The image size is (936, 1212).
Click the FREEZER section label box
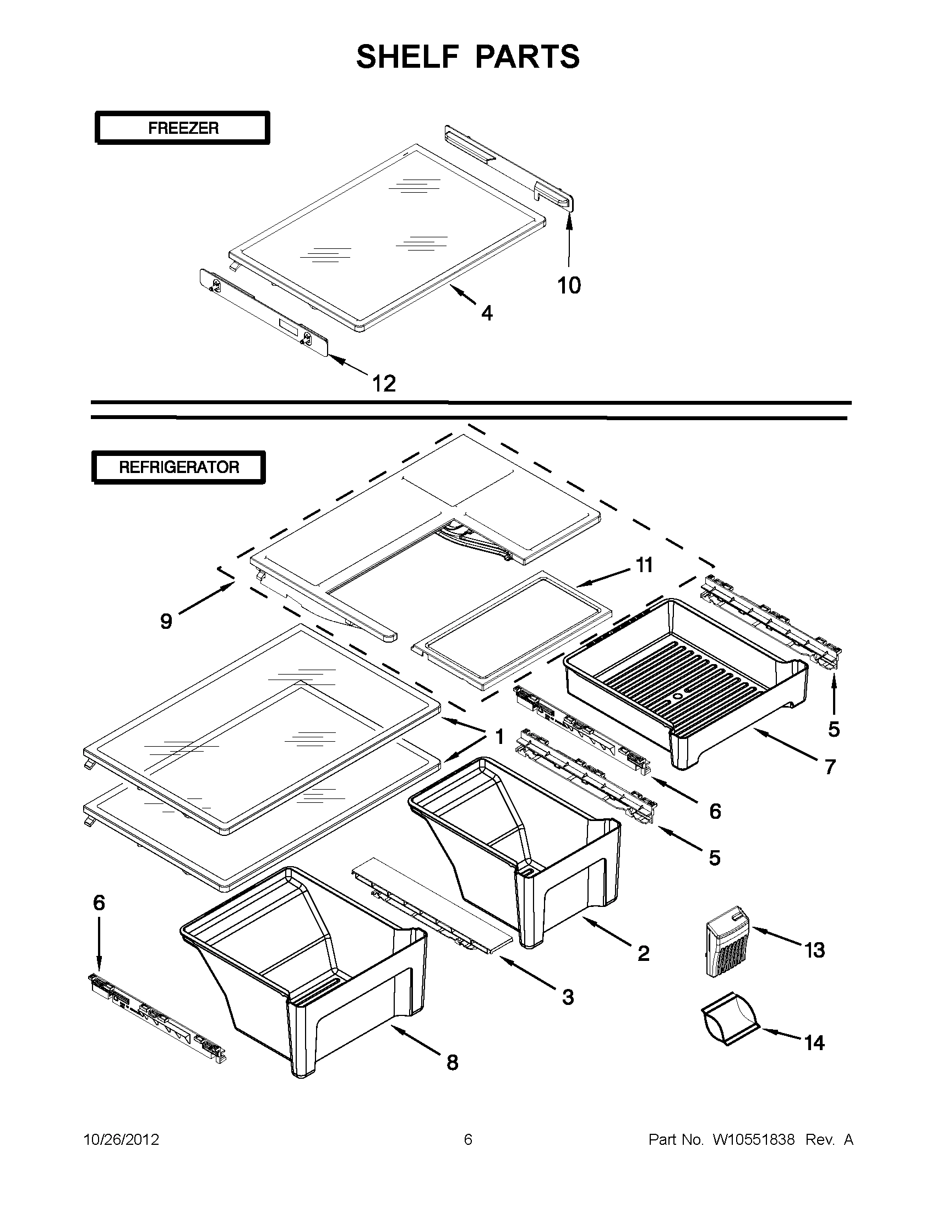(183, 128)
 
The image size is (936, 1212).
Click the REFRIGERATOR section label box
(178, 468)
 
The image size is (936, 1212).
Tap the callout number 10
(569, 286)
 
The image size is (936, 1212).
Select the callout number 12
(384, 383)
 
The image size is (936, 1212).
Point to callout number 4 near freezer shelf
(487, 313)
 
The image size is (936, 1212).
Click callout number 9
(166, 621)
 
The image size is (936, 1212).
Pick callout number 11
(644, 565)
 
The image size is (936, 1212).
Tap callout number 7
(830, 767)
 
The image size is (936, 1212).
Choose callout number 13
(814, 950)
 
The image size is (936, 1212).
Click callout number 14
(814, 1043)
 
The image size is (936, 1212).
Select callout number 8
(452, 1063)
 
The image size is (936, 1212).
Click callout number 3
(568, 997)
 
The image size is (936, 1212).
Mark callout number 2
(643, 953)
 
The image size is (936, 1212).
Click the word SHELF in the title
(407, 57)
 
